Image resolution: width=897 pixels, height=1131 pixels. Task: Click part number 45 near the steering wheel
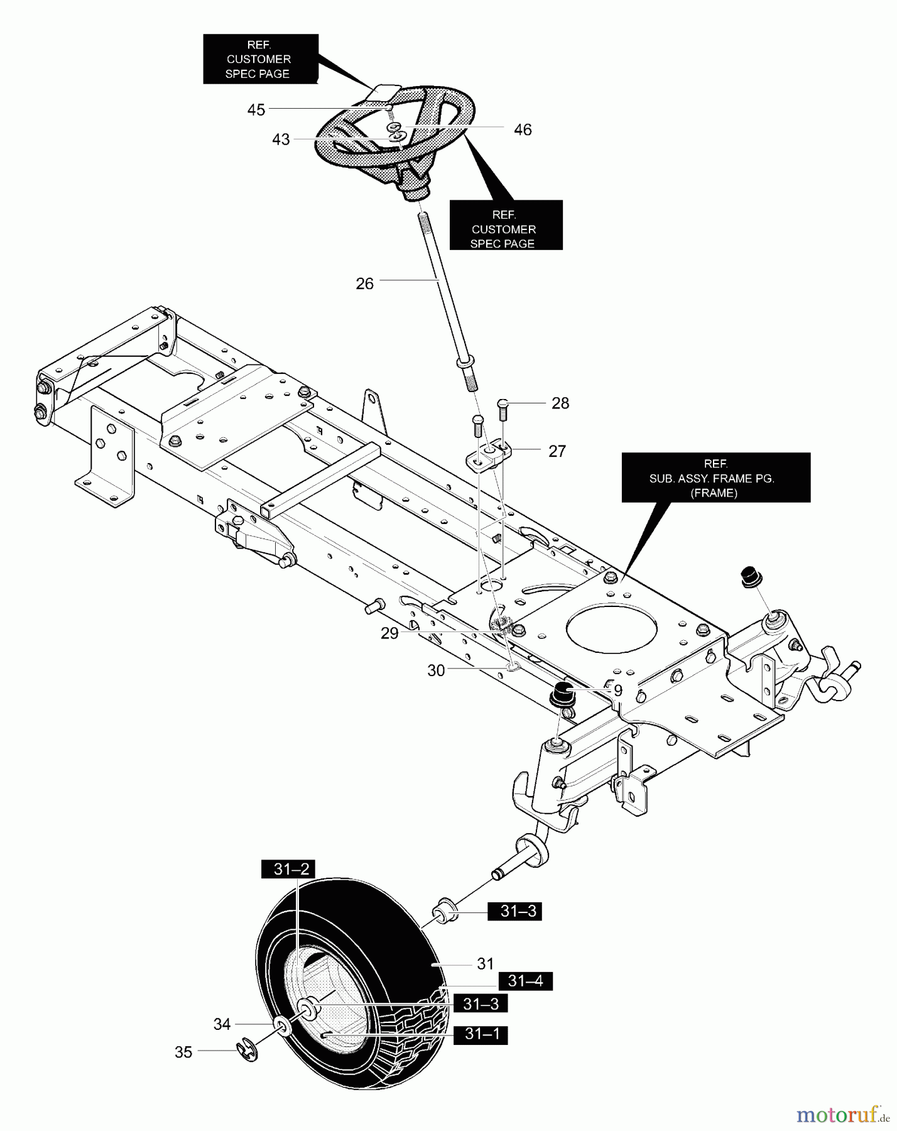point(256,110)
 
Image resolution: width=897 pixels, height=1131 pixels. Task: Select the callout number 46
point(523,130)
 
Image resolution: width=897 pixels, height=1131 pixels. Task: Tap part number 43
point(281,139)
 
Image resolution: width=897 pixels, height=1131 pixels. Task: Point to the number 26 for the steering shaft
point(364,284)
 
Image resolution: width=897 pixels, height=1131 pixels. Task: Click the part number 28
point(560,403)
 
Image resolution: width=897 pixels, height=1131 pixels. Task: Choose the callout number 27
point(557,451)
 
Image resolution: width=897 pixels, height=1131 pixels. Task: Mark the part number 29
point(389,633)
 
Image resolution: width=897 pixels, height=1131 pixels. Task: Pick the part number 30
point(436,671)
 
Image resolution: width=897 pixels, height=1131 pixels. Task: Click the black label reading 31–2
point(292,870)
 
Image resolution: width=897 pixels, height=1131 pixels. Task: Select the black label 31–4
point(525,981)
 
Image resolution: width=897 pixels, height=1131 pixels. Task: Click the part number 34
point(222,1025)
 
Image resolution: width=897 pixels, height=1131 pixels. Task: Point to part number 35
point(183,1052)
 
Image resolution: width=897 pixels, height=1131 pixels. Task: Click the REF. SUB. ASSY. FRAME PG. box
point(715,478)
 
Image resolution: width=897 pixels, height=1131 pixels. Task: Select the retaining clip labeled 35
point(247,1051)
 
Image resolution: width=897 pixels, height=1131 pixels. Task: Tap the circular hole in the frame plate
point(612,628)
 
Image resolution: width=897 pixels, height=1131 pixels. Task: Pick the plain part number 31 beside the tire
point(485,963)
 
